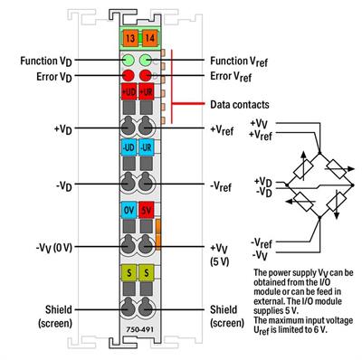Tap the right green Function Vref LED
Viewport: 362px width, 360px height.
[x=146, y=60]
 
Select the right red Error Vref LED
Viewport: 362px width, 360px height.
[x=146, y=76]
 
